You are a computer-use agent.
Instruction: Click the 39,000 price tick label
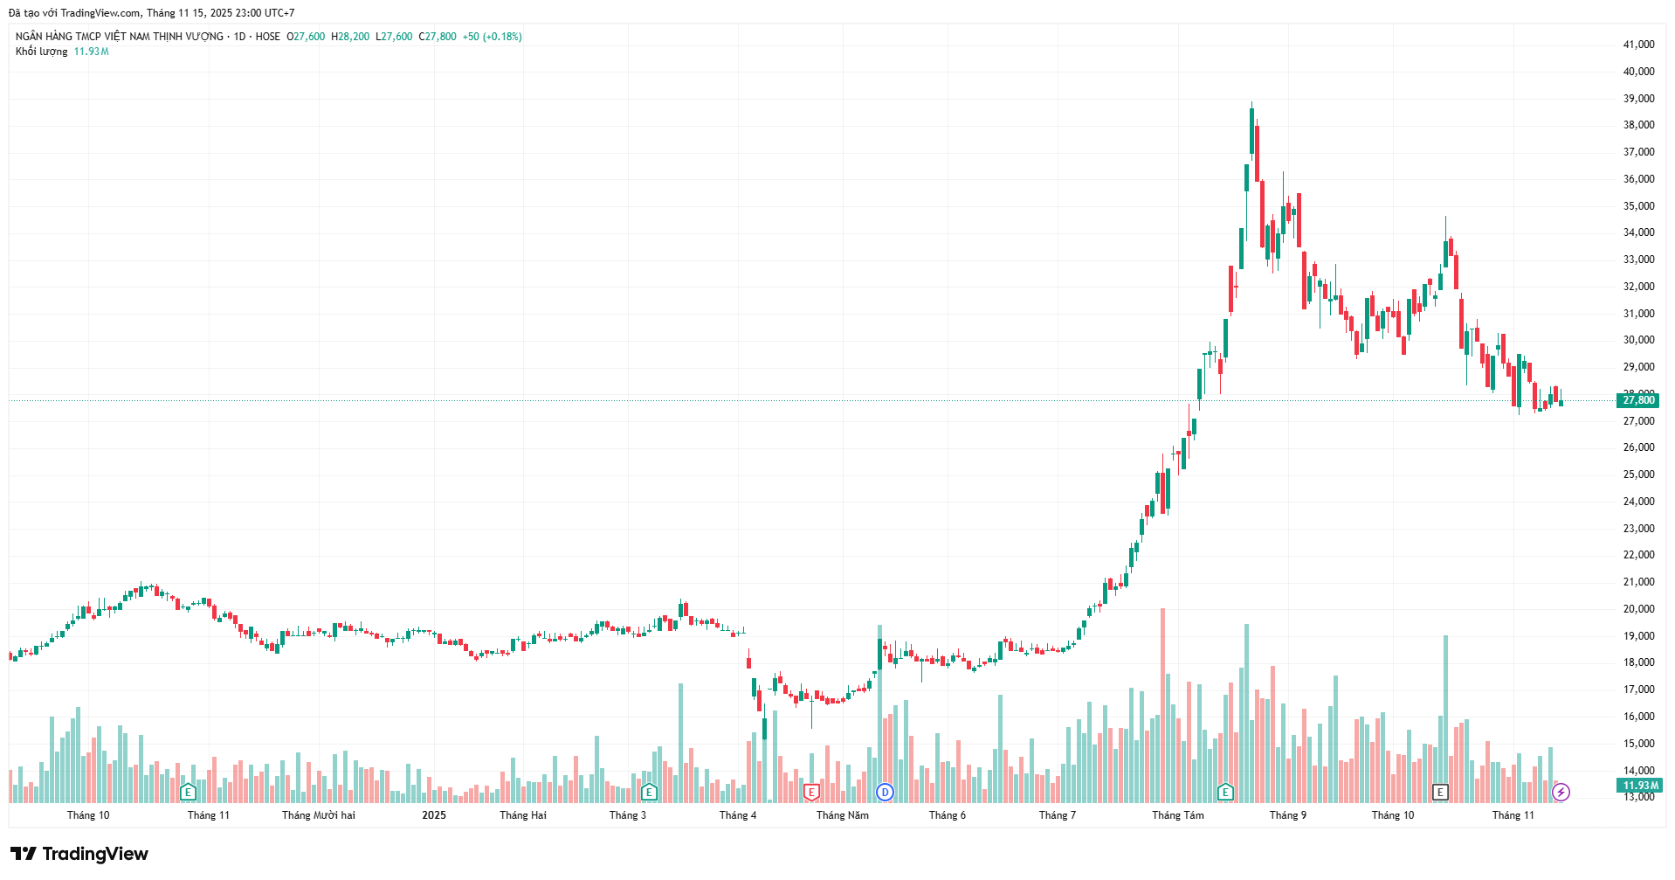[x=1638, y=99]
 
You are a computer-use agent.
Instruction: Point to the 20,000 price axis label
[x=1638, y=609]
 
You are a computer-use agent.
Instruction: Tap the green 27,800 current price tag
[x=1637, y=400]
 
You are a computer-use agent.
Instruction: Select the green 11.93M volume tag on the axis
[x=1640, y=786]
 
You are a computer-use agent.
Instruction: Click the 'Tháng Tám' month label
[x=1177, y=815]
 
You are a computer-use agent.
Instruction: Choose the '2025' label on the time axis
[x=434, y=815]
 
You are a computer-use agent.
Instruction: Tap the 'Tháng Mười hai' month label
[x=319, y=815]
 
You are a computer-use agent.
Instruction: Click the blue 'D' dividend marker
[x=885, y=793]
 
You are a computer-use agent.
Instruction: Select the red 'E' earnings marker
[x=811, y=793]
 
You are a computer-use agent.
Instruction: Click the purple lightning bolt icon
[x=1561, y=793]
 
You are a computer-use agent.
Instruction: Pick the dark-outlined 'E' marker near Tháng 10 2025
[x=1440, y=793]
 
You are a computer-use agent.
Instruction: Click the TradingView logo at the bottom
[x=79, y=854]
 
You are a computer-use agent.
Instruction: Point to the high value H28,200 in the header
[x=350, y=37]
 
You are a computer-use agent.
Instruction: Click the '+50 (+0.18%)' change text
[x=492, y=37]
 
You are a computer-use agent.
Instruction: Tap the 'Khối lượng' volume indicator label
[x=41, y=52]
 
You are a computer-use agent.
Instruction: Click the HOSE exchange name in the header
[x=268, y=37]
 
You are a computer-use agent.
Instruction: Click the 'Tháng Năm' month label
[x=842, y=815]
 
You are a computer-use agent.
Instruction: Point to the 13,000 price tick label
[x=1638, y=797]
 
